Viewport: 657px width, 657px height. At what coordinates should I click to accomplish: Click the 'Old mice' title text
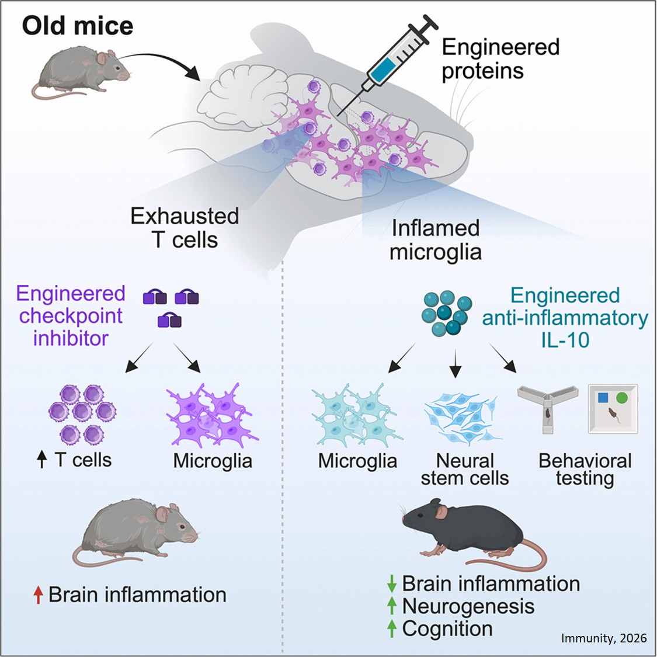78,26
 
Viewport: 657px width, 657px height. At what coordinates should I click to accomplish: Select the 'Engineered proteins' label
500,59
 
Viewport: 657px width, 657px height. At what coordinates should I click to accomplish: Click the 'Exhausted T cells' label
185,228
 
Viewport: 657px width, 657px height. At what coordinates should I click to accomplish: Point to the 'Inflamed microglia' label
435,240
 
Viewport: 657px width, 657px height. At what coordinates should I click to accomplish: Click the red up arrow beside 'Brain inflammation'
39,595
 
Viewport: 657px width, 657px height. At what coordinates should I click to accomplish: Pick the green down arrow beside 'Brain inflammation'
392,584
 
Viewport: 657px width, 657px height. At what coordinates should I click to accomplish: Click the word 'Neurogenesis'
468,606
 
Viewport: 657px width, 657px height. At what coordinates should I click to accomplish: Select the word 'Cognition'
447,629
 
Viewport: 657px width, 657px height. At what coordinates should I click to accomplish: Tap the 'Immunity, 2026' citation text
603,638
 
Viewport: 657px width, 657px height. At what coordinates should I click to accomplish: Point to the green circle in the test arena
622,398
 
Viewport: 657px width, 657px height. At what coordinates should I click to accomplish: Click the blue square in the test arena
603,398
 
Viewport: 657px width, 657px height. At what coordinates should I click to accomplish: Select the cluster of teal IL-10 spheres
446,313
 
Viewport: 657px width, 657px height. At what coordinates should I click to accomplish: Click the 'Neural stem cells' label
465,470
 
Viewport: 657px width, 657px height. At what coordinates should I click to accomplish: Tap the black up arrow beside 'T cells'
41,460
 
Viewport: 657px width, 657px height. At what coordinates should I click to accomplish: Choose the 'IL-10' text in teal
565,340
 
